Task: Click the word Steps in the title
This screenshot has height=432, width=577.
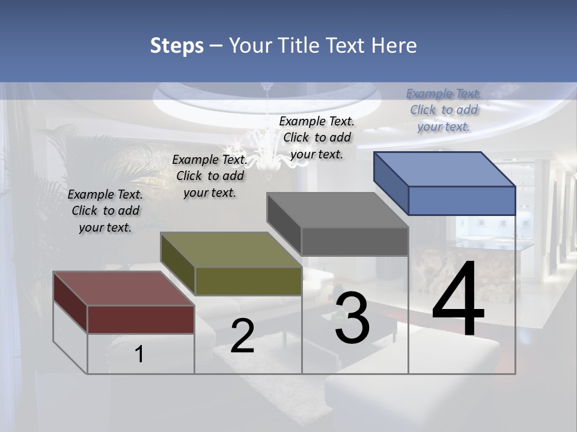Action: coord(177,46)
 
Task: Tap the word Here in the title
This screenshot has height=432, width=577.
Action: coord(394,46)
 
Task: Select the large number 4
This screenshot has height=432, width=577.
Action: coord(458,300)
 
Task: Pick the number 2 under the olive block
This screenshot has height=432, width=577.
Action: coord(242,336)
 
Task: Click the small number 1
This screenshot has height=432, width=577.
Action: coord(139,355)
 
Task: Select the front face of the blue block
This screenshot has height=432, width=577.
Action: coord(462,200)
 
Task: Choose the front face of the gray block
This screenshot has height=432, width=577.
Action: coord(355,241)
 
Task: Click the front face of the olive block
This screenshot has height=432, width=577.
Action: coord(248,281)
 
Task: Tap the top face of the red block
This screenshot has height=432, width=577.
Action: coord(124,289)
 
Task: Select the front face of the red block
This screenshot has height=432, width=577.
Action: coord(141,319)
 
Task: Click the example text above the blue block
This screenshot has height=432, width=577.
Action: coord(444,110)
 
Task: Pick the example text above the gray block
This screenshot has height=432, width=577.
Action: coord(317,137)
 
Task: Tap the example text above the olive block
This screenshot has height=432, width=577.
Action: coord(210,176)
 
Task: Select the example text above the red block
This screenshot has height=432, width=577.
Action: coord(105,211)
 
